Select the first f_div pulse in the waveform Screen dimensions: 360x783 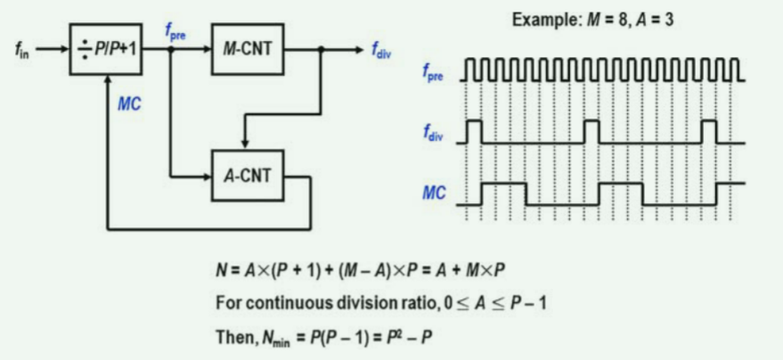474,131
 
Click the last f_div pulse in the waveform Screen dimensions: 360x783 709,131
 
